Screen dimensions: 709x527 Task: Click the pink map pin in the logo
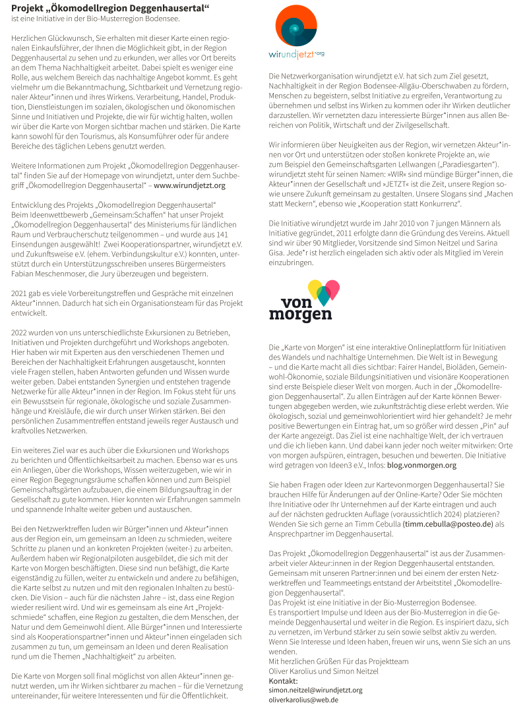332,288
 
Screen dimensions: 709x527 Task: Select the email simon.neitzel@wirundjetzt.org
315,690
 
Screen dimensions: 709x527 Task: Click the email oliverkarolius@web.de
303,699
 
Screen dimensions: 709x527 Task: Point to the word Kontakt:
284,681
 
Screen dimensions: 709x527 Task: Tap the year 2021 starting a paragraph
20,292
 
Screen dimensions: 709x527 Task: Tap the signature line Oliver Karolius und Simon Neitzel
324,671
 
